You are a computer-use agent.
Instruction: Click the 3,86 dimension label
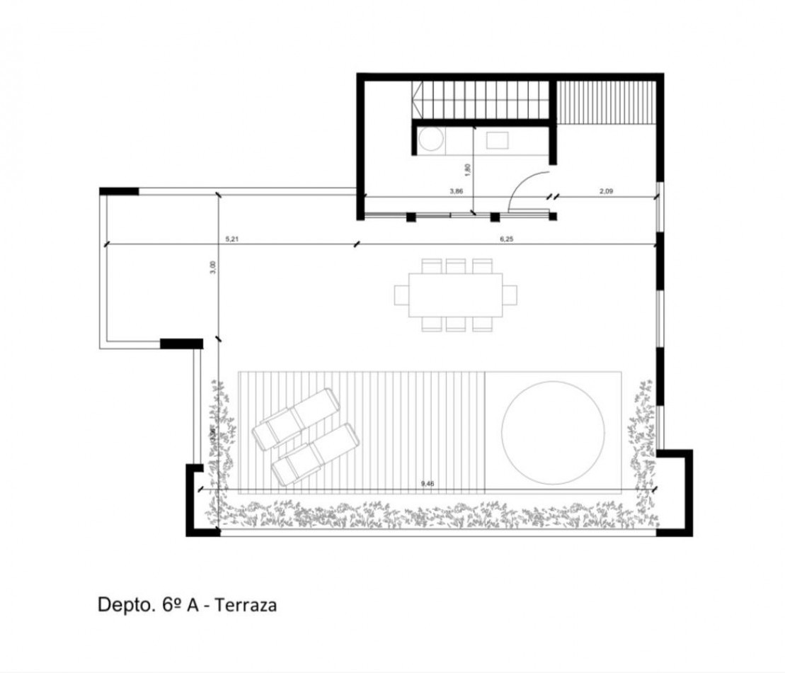(456, 191)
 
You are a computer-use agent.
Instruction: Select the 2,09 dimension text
(606, 191)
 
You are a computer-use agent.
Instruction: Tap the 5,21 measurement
(231, 239)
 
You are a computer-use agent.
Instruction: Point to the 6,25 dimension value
(506, 239)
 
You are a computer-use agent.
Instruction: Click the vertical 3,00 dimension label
(213, 267)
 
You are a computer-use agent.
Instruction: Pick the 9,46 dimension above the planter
(428, 483)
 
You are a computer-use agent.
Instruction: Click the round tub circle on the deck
(553, 432)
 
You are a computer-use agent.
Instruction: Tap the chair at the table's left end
(401, 295)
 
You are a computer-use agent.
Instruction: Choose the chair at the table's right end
(510, 295)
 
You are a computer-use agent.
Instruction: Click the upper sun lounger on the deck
(297, 419)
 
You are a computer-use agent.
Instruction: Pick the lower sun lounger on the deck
(315, 454)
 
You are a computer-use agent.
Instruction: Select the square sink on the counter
(495, 140)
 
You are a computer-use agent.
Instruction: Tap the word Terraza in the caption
(245, 605)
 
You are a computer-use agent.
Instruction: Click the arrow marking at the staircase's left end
(419, 98)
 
